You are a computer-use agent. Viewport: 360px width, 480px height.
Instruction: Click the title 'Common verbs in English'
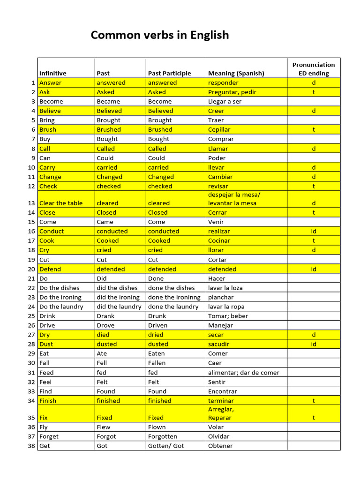coord(159,35)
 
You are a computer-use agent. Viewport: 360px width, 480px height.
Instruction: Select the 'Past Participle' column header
coord(169,73)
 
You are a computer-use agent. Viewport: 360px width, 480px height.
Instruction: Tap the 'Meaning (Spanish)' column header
coord(236,73)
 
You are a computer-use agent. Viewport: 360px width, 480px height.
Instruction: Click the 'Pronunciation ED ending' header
coord(314,69)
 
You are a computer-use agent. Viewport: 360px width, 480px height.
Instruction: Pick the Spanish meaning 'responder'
coord(223,83)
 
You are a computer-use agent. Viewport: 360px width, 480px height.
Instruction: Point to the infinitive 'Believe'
coord(50,111)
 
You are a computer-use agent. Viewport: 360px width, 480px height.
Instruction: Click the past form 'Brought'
coord(108,120)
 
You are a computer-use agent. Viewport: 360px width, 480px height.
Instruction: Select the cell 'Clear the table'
coord(61,203)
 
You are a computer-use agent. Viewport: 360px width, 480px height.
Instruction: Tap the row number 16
coord(31,232)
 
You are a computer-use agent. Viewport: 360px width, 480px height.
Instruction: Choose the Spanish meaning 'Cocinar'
coord(219,241)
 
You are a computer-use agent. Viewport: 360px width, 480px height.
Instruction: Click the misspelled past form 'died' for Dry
coord(103,335)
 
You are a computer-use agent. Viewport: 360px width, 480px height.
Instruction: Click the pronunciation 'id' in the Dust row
coord(314,344)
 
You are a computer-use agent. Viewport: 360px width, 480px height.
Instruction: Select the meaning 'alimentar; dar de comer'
coord(243,373)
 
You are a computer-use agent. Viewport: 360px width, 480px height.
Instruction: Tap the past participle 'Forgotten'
coord(163,436)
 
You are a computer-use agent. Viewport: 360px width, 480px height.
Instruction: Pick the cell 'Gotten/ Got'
coord(166,446)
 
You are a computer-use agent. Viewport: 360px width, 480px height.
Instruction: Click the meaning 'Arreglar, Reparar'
coord(221,413)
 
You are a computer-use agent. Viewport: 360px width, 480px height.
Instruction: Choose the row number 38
coord(31,446)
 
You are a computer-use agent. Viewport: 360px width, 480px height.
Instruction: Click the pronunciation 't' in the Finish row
coord(314,401)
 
